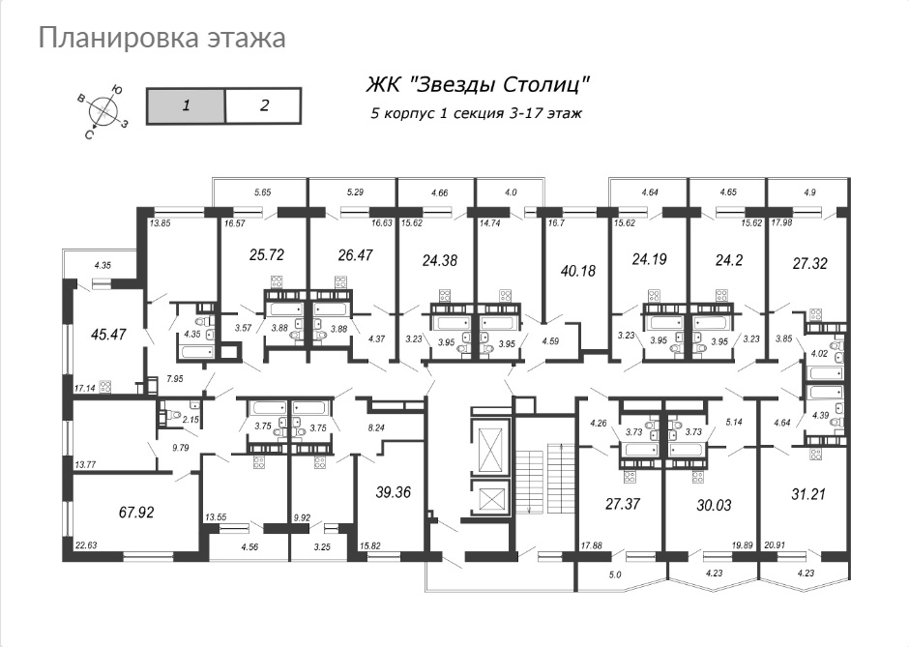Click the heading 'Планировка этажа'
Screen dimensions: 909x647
(x=161, y=39)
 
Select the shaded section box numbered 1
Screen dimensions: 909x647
(x=186, y=106)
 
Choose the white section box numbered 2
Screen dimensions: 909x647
(x=263, y=106)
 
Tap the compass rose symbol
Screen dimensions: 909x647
(x=103, y=108)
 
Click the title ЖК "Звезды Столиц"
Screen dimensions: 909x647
(x=478, y=85)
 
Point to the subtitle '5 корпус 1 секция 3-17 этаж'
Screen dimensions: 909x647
(x=477, y=113)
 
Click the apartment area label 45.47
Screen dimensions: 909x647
(x=108, y=335)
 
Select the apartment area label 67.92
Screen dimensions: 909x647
(x=135, y=513)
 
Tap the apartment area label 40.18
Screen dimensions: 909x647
(x=578, y=271)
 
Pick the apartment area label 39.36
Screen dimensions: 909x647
(x=393, y=493)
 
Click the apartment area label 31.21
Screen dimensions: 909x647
(x=808, y=494)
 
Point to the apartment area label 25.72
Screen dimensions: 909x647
(x=267, y=254)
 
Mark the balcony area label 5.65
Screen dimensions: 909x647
(x=263, y=192)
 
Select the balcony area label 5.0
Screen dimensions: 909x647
(x=614, y=575)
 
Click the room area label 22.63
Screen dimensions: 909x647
(x=85, y=544)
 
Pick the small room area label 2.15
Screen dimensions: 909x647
(x=191, y=419)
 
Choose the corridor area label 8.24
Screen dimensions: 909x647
(x=376, y=427)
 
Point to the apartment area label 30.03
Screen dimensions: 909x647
(x=714, y=506)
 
